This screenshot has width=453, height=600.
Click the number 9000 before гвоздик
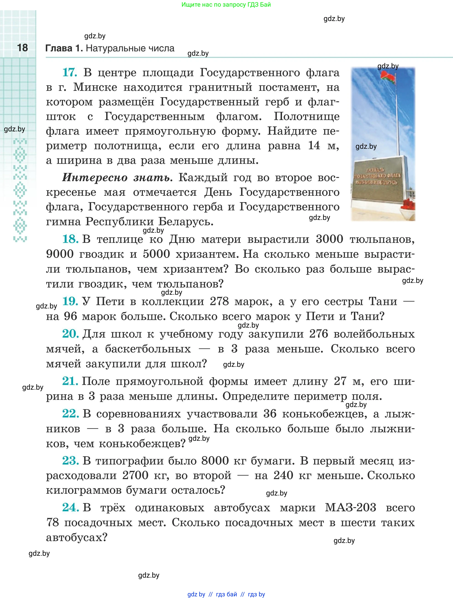tap(60, 254)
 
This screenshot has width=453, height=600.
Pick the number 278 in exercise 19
tap(219, 301)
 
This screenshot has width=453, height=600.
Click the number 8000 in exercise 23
tap(215, 461)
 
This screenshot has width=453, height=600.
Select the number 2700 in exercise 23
tap(135, 475)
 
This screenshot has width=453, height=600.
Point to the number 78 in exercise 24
tap(53, 522)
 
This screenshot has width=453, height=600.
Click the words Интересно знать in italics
tap(117, 178)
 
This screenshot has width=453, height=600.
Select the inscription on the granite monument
tap(377, 176)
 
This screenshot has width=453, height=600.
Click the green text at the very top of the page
tap(226, 5)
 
